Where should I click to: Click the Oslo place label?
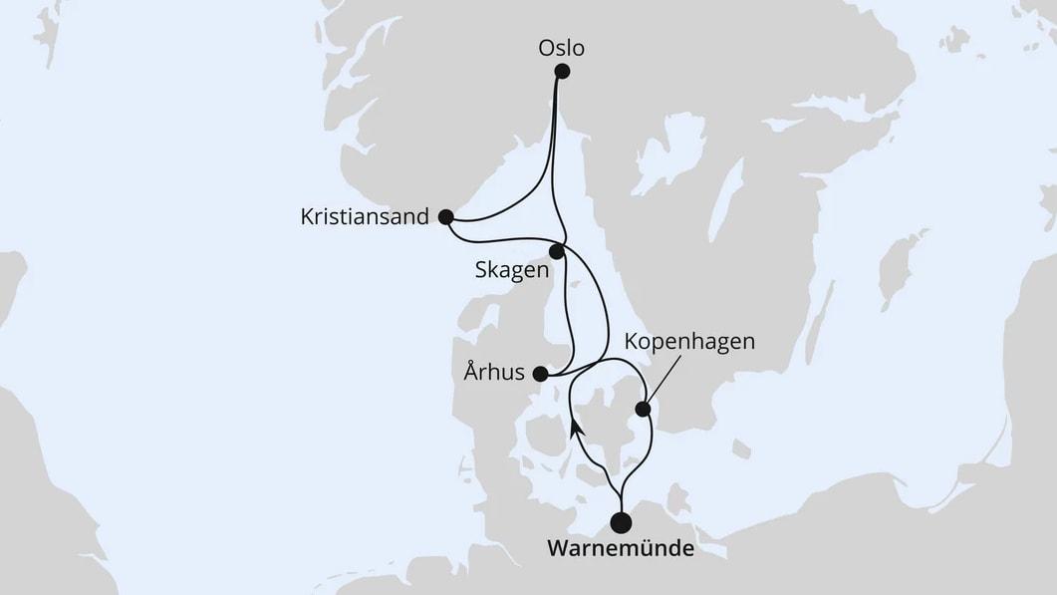[561, 47]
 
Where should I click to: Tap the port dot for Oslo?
[562, 71]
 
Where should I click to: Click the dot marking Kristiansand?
[445, 216]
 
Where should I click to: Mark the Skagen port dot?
[557, 252]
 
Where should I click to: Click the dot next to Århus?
[540, 375]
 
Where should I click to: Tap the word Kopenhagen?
[689, 342]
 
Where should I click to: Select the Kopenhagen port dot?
[644, 408]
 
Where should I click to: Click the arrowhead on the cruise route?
[577, 428]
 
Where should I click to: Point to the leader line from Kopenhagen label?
[664, 380]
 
